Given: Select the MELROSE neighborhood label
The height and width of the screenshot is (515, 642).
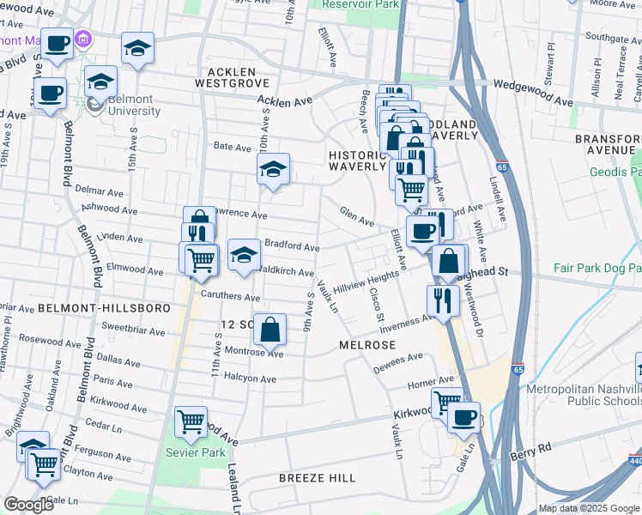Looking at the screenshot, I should [367, 344].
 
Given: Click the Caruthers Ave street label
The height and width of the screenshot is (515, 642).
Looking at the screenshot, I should [229, 297].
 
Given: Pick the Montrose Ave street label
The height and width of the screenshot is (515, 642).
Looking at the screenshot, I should [253, 353].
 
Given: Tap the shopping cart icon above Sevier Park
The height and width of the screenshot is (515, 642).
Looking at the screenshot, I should [191, 421].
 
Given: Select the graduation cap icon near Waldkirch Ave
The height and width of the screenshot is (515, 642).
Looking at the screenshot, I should [244, 254].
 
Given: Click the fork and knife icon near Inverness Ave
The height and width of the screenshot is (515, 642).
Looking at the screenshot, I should [443, 300].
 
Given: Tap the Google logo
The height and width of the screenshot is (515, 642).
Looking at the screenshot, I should [29, 505].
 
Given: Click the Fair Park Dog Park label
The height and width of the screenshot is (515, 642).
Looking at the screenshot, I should [597, 269].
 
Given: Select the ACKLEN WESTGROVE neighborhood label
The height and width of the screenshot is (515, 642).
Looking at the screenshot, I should [232, 77].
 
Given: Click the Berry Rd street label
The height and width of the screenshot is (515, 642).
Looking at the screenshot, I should [531, 448].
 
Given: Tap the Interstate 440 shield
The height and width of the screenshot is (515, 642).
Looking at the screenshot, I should [635, 462].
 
